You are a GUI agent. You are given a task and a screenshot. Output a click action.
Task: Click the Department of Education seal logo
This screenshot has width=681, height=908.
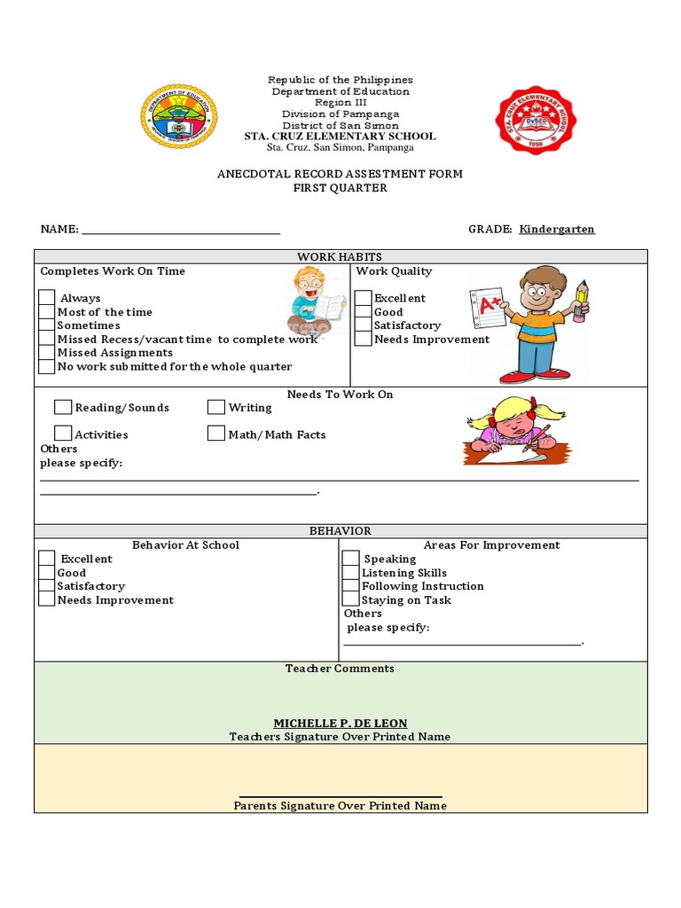pos(178,116)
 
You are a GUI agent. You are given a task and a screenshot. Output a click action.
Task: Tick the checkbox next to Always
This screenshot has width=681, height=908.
pos(47,298)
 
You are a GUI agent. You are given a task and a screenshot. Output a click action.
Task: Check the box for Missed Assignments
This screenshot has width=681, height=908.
pos(47,352)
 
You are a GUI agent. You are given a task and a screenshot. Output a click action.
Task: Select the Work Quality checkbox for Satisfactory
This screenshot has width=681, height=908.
pos(364,325)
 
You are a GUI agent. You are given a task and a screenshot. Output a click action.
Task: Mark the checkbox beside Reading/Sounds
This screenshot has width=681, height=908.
pos(63,407)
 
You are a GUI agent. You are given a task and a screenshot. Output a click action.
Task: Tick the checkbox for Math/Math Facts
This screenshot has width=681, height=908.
pos(216,434)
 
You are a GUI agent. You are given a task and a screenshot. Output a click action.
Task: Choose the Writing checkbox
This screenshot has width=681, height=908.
pos(216,407)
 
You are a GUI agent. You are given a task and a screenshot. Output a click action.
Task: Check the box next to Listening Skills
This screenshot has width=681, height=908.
pos(351,572)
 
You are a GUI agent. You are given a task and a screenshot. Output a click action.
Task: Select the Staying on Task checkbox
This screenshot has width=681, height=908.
pos(351,599)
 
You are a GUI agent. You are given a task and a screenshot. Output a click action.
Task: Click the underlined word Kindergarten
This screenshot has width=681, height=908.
pos(557,229)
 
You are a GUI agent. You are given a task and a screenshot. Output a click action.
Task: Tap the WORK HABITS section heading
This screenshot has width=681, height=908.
pos(340,256)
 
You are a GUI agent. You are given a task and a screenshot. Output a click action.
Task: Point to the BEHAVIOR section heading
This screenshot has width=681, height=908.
pos(340,530)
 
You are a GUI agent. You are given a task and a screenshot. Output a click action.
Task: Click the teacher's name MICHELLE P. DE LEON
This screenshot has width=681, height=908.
pos(340,724)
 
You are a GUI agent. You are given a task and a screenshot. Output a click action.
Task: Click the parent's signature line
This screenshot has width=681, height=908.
pos(340,795)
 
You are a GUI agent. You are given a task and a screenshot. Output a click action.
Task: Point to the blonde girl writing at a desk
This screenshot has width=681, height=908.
pos(513,431)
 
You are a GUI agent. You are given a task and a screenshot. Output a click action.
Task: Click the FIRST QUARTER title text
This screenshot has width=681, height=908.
pos(340,188)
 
